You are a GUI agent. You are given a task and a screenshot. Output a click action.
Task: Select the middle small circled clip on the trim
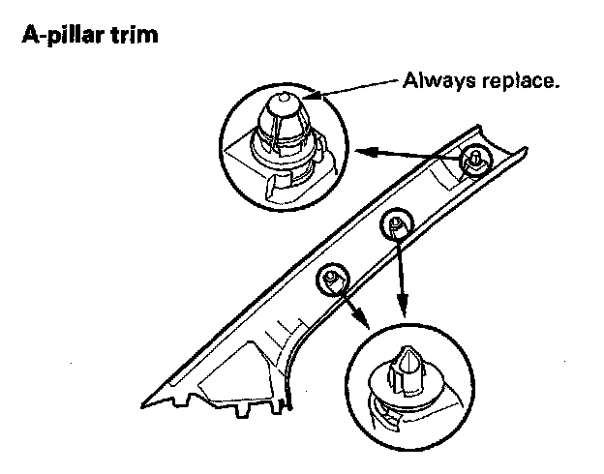click(396, 223)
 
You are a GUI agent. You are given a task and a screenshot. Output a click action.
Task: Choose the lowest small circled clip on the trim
click(331, 279)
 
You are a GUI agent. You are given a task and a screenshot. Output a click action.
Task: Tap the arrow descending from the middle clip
click(401, 281)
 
